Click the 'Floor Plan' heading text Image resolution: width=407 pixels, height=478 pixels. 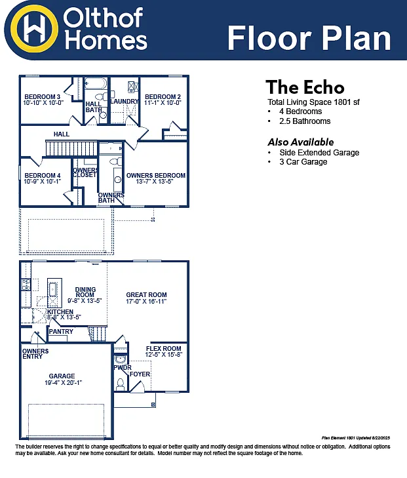(x=309, y=37)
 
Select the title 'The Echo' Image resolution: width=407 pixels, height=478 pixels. (x=305, y=87)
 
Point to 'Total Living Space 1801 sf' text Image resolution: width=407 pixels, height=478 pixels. (x=314, y=102)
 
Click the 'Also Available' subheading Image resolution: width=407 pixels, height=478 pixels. (x=300, y=142)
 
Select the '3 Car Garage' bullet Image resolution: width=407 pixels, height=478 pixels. (x=303, y=162)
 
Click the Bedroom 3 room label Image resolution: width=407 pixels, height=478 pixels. (x=42, y=97)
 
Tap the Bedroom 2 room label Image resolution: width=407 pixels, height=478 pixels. (x=162, y=97)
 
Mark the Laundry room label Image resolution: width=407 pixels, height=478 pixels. (x=125, y=102)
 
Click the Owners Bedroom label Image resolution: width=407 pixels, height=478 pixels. (x=155, y=176)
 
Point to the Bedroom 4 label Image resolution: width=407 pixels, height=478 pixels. (x=43, y=176)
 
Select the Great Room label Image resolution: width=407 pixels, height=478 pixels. (x=146, y=295)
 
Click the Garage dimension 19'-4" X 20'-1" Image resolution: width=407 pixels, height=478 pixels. (x=63, y=383)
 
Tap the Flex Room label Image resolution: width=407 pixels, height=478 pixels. (x=163, y=348)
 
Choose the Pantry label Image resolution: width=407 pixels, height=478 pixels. (x=61, y=332)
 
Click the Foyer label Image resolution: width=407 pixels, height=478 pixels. (x=140, y=374)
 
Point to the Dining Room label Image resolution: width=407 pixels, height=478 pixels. (x=85, y=292)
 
